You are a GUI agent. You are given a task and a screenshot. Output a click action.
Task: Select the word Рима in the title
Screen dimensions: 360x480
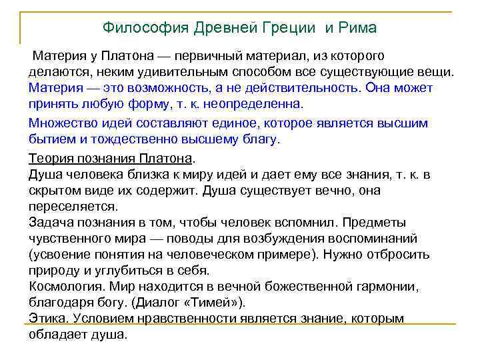click(x=358, y=28)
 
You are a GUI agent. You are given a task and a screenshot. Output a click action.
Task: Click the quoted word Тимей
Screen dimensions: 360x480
click(x=214, y=303)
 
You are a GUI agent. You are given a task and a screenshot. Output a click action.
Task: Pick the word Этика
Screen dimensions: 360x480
click(x=47, y=319)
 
